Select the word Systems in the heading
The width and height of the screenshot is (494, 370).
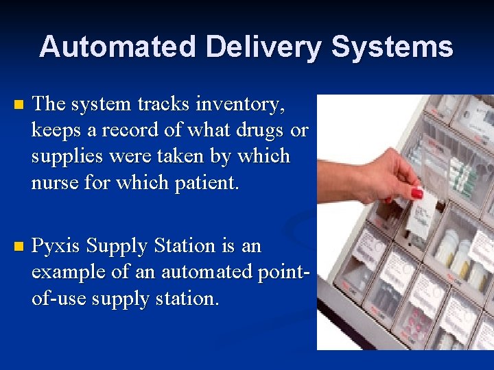392,47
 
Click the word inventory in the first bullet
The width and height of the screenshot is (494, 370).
240,105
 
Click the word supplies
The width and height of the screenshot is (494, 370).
69,156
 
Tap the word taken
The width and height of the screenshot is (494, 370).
189,156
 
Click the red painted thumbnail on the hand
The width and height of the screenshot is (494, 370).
416,193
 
